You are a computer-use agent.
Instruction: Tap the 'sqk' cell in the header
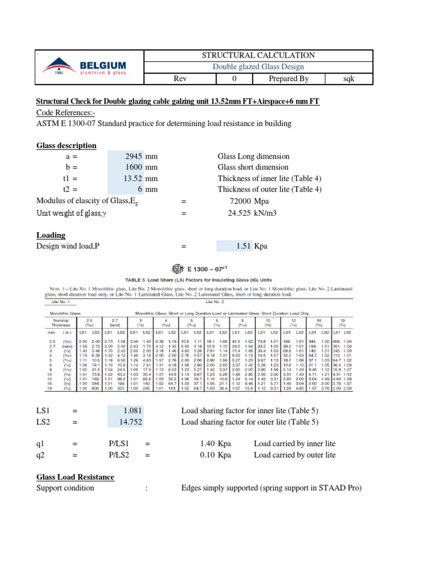[348, 79]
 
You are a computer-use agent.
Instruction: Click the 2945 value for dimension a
[134, 156]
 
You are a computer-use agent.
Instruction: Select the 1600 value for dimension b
[134, 167]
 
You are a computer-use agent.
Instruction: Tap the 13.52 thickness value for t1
[132, 178]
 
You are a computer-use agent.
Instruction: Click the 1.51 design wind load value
[243, 246]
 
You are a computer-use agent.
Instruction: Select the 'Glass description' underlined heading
[66, 145]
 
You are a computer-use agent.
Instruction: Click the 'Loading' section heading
[51, 235]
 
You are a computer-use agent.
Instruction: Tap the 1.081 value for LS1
[133, 411]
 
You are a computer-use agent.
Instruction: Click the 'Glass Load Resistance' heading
[75, 477]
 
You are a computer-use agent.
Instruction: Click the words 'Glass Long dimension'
[253, 156]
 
